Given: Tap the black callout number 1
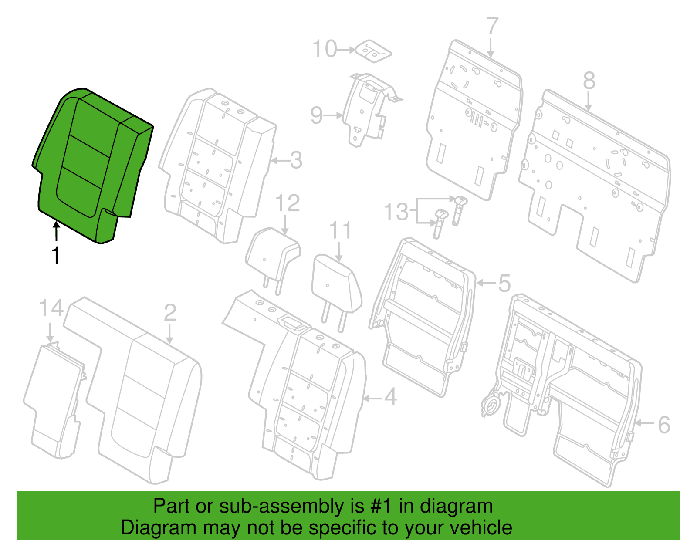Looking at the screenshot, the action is point(56,255).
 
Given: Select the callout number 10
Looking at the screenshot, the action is point(325,49).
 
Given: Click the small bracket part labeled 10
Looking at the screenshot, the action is point(373,51).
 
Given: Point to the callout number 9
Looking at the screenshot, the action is point(316,115).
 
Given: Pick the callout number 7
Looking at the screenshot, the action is point(492,26).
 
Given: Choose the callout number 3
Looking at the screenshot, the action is point(296,160).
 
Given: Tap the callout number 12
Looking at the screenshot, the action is point(288,203).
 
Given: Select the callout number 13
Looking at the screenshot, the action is point(396,212).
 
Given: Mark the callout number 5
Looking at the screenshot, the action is point(504,283).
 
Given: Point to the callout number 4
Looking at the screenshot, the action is point(390,396).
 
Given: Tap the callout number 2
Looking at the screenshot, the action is point(170,313).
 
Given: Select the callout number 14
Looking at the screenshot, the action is point(51,308).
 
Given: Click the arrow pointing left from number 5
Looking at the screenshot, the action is point(486,283).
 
